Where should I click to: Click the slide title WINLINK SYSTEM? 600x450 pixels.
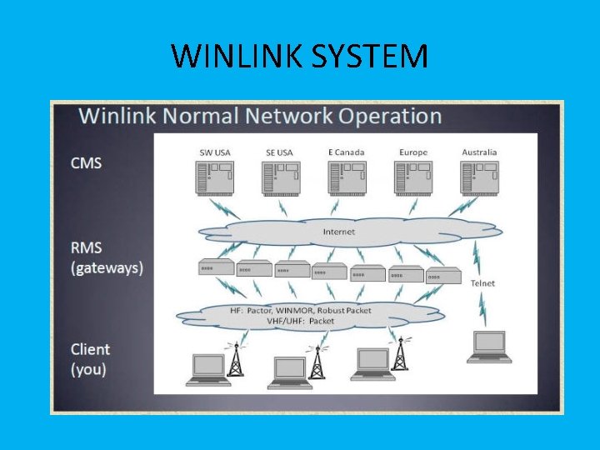299,57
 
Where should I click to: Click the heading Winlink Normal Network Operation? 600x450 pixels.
260,116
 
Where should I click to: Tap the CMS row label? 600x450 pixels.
87,162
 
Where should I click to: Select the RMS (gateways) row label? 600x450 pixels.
107,257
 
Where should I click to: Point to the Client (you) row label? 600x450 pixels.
90,358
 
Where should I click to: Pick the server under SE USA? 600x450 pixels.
280,177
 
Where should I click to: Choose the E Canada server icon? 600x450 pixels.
346,177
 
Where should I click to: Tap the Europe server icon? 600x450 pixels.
412,177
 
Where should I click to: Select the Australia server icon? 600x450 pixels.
478,177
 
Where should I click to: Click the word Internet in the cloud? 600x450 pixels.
338,232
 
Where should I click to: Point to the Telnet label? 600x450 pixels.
482,283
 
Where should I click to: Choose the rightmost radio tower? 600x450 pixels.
401,352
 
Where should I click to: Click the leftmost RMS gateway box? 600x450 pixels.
216,267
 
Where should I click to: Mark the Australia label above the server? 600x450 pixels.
479,152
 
